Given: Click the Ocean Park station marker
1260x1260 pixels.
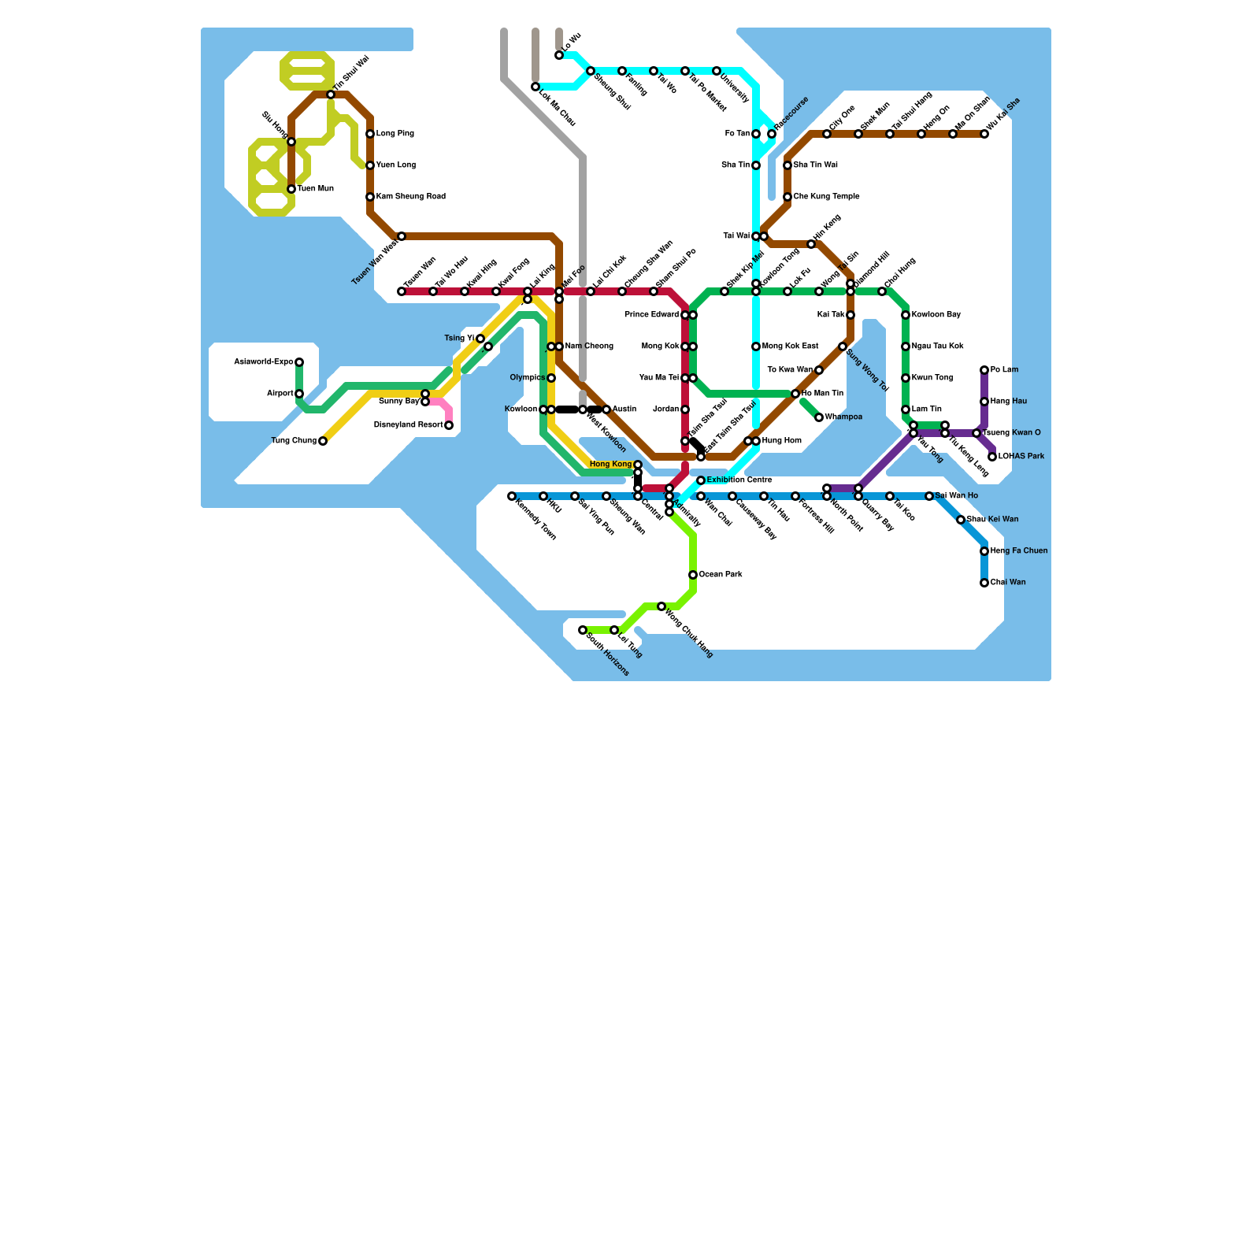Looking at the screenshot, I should pos(693,575).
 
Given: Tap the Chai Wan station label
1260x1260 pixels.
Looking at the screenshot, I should pos(1008,583).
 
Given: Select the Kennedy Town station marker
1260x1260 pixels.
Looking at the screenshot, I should pos(512,496).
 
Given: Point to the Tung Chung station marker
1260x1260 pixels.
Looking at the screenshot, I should pos(323,441).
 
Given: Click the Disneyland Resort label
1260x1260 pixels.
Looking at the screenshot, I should pos(408,425).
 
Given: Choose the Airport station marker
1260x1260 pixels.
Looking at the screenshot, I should pos(299,394).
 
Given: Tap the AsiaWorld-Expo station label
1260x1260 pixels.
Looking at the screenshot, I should pos(264,362).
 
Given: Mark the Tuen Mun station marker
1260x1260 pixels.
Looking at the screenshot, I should pos(291,189).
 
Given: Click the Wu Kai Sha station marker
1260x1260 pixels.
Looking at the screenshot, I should pos(984,134).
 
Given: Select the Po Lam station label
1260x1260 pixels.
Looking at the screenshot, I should pos(1004,370).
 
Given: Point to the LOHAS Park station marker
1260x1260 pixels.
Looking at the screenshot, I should pos(992,457).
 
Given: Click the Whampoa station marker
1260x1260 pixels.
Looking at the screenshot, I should pos(819,417).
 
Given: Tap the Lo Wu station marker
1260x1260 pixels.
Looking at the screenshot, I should pos(559,55).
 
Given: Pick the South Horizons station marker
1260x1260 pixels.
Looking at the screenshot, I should pos(583,630).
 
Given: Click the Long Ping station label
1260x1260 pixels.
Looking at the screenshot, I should pos(395,134).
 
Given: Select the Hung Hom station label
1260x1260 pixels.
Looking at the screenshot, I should pos(781,441).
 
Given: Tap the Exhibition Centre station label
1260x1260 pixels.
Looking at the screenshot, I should pos(739,480).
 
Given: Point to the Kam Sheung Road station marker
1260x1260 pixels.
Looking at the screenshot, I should pos(370,197).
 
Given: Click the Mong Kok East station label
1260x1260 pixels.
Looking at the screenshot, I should pos(791,346).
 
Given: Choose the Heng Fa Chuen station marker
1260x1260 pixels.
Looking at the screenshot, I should pos(984,551).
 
